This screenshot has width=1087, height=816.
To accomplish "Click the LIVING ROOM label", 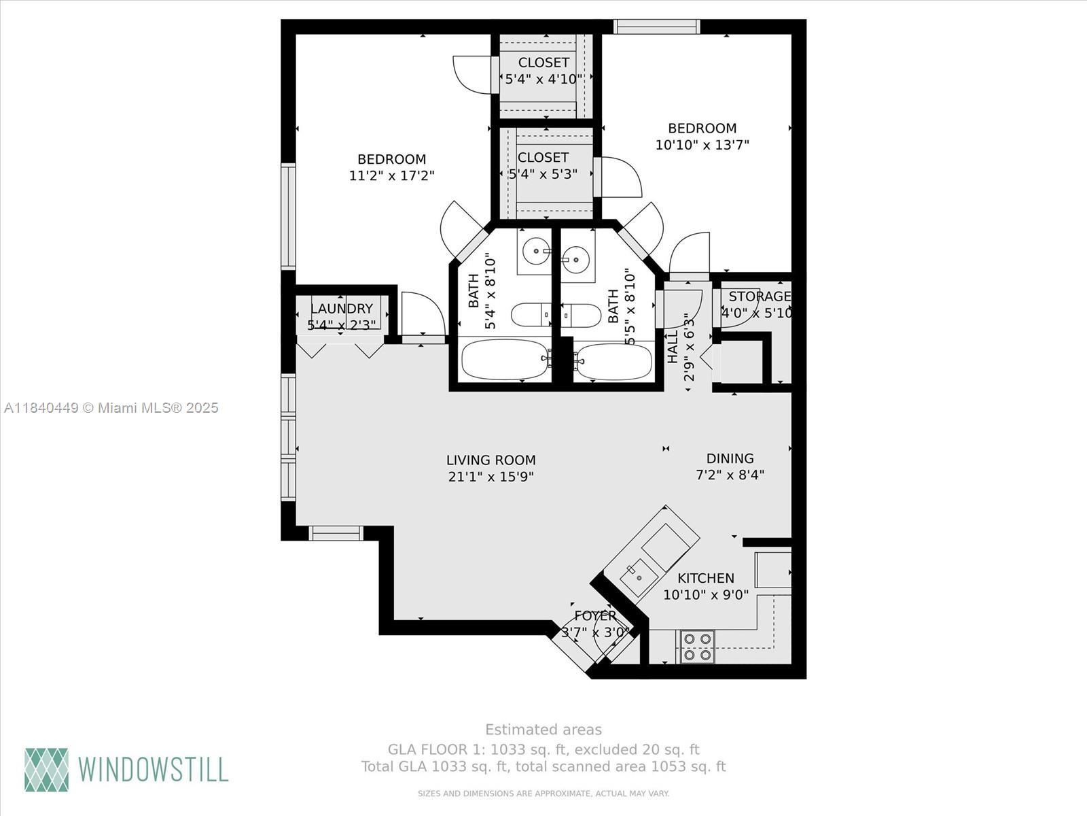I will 491,460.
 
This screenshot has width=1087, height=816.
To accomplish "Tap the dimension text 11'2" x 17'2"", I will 391,175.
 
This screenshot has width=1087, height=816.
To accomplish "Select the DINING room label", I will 730,458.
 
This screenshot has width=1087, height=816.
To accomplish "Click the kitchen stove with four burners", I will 697,647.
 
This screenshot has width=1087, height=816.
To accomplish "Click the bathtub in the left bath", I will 504,360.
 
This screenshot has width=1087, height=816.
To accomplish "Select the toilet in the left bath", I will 533,315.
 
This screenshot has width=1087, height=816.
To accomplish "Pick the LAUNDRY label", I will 341,309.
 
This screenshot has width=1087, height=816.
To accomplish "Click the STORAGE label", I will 760,296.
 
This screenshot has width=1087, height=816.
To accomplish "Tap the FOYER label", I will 595,615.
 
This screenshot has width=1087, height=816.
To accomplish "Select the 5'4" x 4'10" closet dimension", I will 543,79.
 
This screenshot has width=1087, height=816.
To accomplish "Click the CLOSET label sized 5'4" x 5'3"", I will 543,157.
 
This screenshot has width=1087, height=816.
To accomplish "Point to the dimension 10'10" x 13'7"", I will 702,145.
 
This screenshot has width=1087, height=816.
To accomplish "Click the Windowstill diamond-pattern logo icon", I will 47,770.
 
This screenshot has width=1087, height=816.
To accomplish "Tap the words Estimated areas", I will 543,730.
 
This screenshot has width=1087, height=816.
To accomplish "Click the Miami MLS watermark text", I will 111,407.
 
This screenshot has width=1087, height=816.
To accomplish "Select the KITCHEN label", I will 706,578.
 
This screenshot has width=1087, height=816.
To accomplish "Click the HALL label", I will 673,347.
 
